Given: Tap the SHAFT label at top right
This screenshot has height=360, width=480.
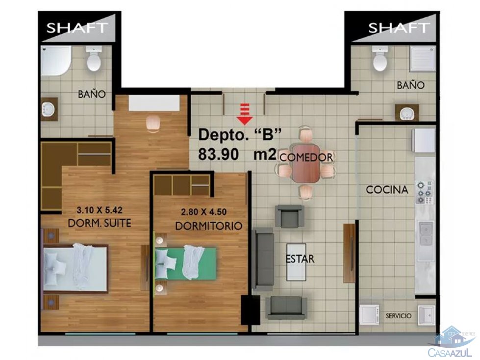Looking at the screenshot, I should [399, 27].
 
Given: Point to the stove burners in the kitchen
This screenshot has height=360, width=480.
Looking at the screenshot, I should [425, 192].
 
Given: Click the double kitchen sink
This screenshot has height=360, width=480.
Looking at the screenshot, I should [425, 234].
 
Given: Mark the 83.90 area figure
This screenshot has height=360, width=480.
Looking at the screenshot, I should [219, 154].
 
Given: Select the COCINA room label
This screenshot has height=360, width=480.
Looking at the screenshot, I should [387, 190].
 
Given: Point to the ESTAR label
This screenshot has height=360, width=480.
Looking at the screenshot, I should [301, 259].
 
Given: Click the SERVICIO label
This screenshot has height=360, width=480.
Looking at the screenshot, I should [398, 316].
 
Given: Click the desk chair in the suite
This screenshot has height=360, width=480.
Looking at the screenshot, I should [153, 123].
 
